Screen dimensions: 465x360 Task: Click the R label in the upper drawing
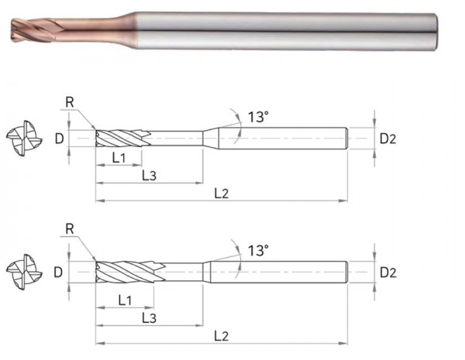pos(70,102)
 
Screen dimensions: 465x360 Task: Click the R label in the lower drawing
pos(70,229)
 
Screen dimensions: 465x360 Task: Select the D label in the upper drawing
pos(60,139)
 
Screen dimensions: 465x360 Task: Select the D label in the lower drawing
pos(58,272)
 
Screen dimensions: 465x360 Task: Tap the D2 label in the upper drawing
pos(388,139)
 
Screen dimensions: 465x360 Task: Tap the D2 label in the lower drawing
pos(388,273)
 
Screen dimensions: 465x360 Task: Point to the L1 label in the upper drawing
pos(119,158)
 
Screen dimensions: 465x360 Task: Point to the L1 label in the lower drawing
pos(125,300)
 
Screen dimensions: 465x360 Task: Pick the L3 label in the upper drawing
pos(149,176)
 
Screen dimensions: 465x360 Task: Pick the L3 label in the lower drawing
pos(149,318)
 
